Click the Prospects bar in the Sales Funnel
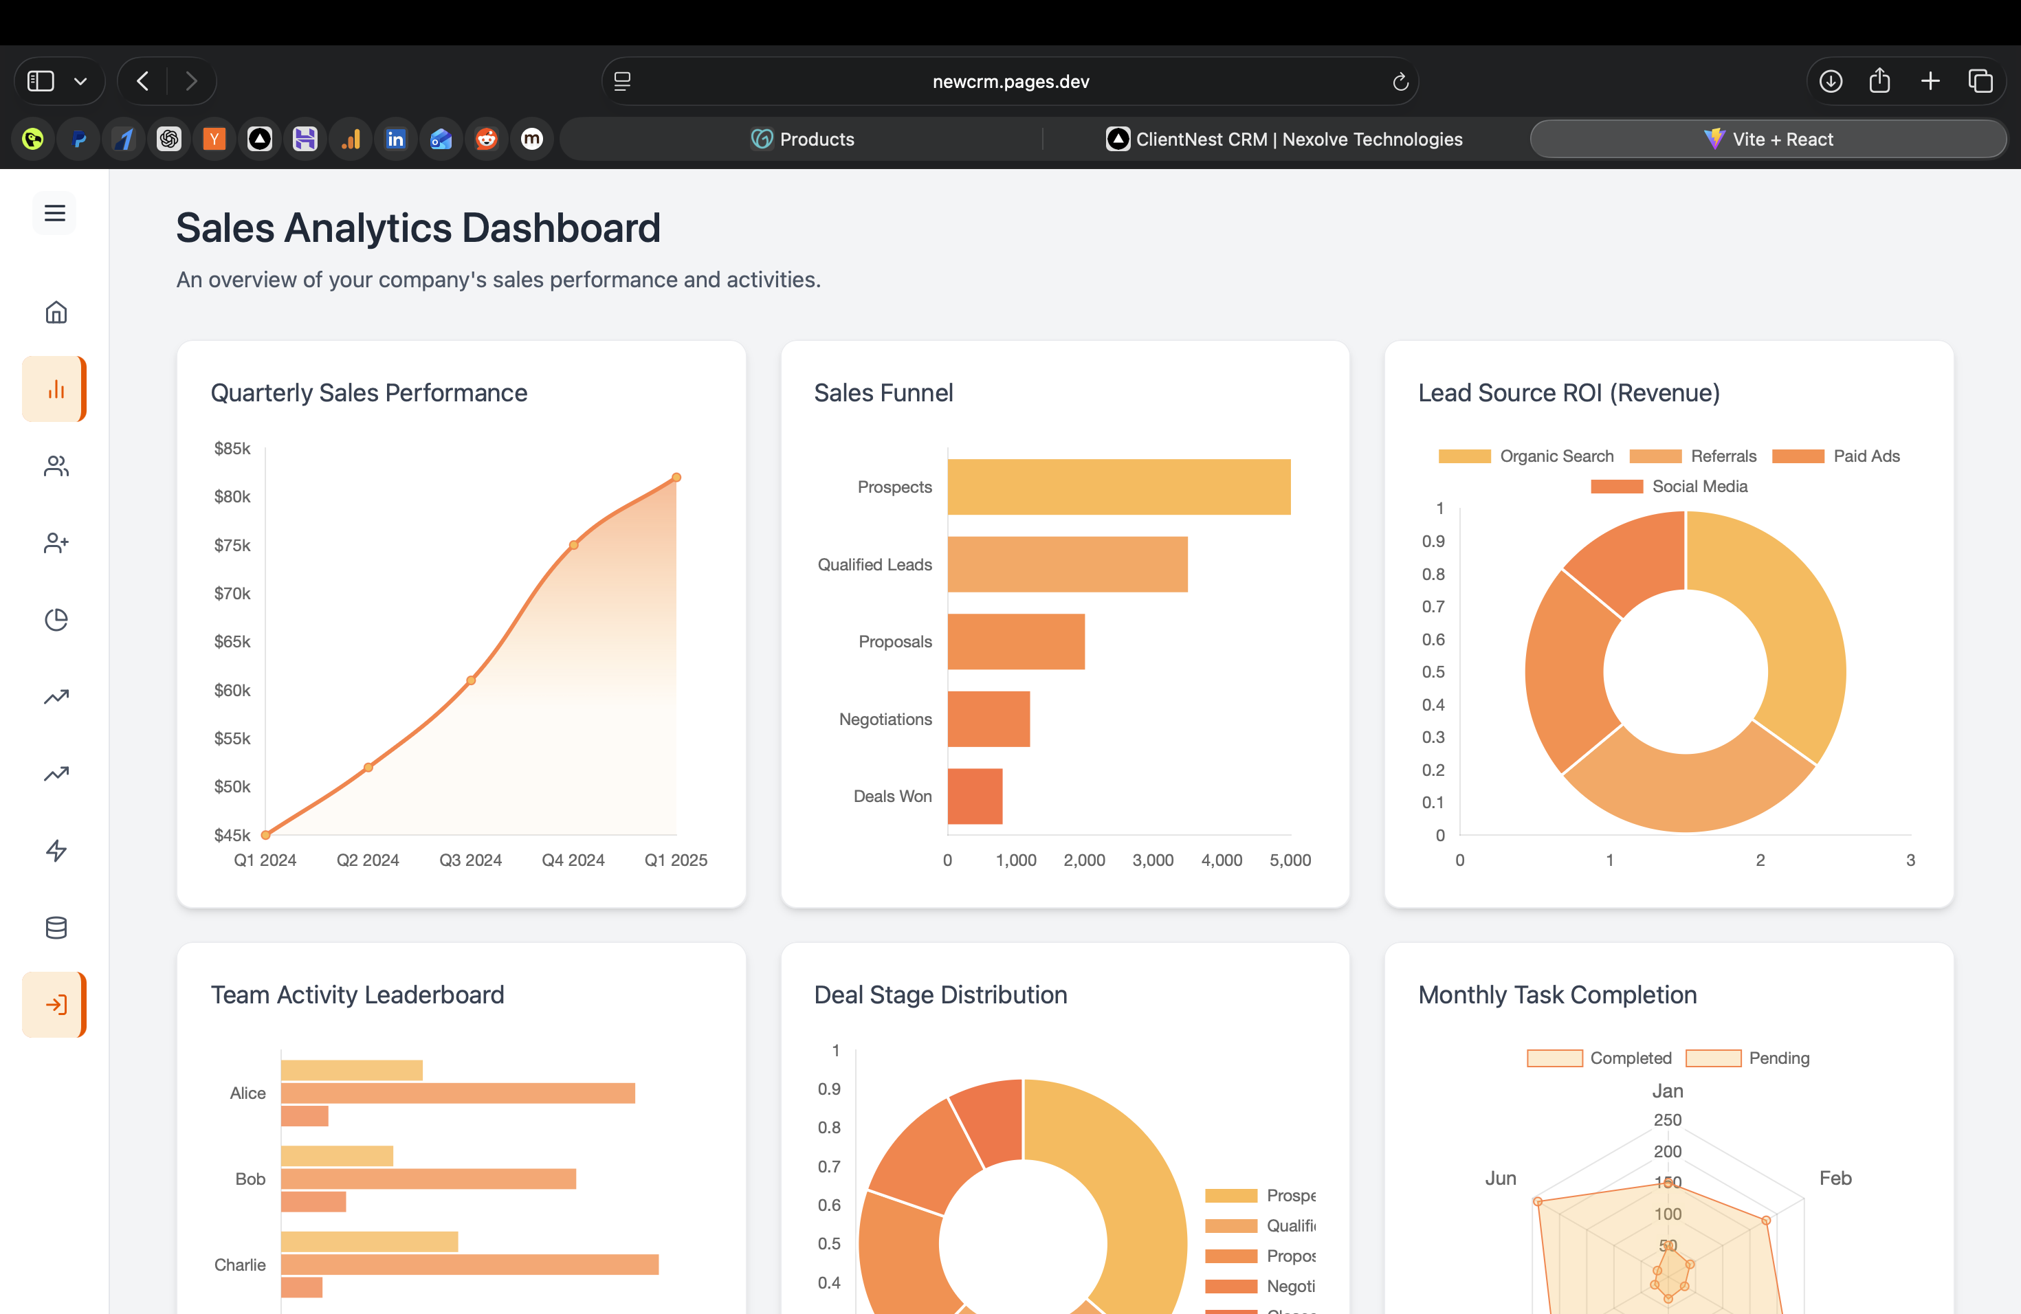tap(1118, 487)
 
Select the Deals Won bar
tap(974, 797)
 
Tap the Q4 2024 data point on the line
tap(574, 545)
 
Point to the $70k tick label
tap(232, 593)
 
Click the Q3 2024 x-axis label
tap(470, 860)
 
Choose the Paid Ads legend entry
tap(1836, 456)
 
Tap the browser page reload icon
tap(1400, 82)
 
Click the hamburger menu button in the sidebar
tap(55, 213)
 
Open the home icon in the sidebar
tap(56, 313)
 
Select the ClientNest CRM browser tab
tap(1284, 140)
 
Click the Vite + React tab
tap(1768, 140)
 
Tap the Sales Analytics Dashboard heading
tap(418, 228)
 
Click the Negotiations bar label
tap(885, 719)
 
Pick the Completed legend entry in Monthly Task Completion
tap(1599, 1058)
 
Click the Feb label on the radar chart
tap(1834, 1178)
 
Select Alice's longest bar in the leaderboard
tap(458, 1093)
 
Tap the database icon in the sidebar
tap(56, 928)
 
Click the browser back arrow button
tap(143, 82)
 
